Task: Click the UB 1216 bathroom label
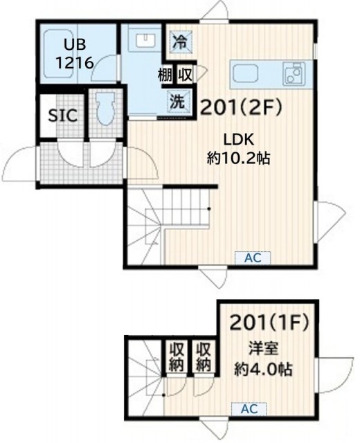(75, 54)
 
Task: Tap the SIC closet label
(63, 116)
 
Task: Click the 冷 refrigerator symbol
(180, 41)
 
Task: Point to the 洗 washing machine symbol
(177, 101)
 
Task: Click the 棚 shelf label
(165, 75)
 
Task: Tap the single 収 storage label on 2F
(185, 75)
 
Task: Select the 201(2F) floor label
(241, 108)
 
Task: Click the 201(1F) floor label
(269, 323)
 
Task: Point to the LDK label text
(239, 140)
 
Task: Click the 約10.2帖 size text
(238, 159)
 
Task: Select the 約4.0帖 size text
(263, 370)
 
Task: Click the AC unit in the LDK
(253, 258)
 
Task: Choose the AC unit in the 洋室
(249, 409)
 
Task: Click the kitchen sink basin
(246, 74)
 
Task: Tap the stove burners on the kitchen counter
(294, 74)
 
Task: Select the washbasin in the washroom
(145, 40)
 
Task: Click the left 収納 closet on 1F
(177, 356)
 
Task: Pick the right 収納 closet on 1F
(204, 356)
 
